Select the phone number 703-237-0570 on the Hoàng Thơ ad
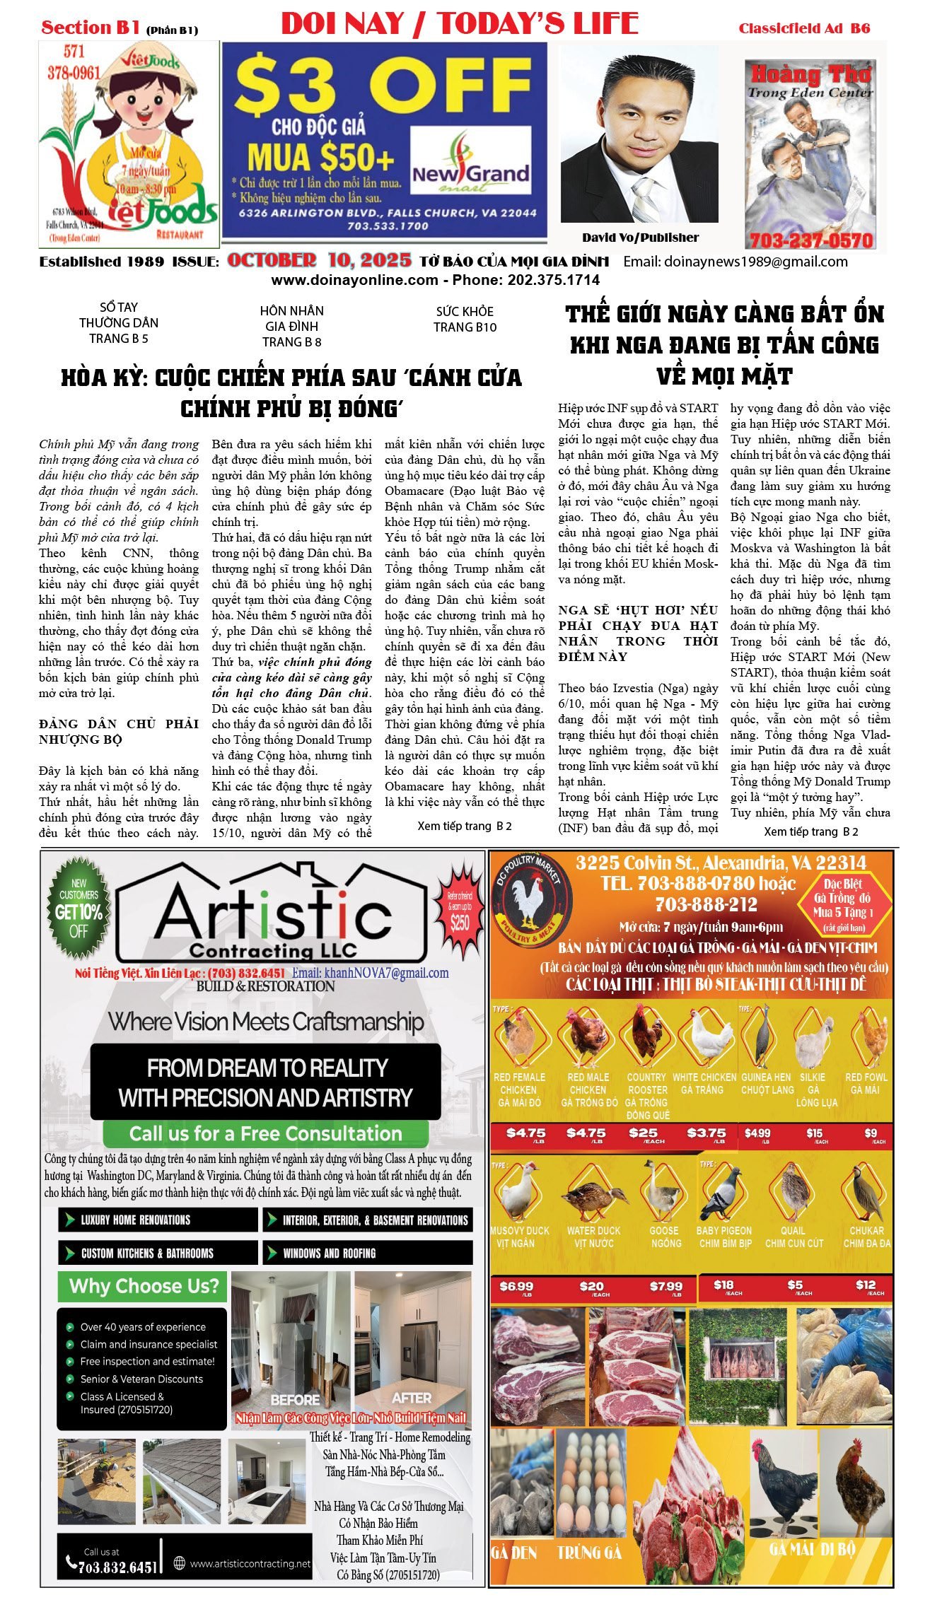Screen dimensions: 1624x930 [811, 240]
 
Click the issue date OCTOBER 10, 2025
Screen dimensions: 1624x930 [319, 261]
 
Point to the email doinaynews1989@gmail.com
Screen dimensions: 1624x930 [735, 262]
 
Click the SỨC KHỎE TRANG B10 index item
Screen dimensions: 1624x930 [465, 320]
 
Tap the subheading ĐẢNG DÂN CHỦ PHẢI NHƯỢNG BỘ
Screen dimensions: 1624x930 [119, 731]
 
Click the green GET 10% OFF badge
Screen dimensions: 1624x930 [79, 908]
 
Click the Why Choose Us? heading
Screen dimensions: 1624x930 [144, 1286]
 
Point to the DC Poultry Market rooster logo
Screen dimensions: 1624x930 [530, 903]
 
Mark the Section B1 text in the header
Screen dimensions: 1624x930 [91, 28]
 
